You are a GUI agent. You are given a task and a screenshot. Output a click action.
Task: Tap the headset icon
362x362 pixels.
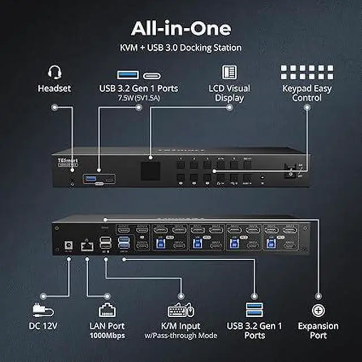(54, 72)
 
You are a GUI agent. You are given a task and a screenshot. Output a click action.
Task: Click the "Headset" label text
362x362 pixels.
(54, 89)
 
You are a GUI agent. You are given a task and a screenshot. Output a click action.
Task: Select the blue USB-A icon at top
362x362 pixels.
(127, 74)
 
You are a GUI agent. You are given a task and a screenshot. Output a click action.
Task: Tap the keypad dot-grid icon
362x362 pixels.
(307, 72)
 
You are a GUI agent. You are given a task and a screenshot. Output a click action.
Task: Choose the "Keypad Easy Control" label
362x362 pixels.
(307, 93)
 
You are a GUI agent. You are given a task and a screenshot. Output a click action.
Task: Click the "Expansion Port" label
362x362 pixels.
(318, 331)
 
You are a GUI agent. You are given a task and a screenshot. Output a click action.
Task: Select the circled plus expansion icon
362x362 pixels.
(318, 310)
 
